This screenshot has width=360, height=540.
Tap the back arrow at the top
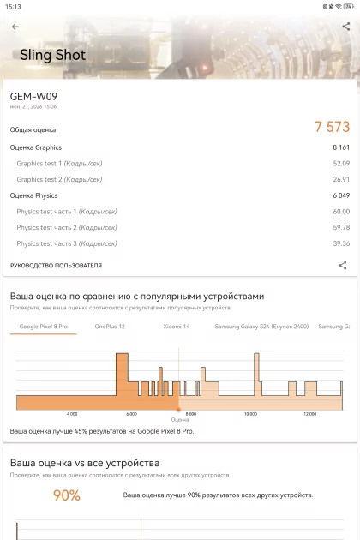click(15, 27)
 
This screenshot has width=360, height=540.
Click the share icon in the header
click(346, 27)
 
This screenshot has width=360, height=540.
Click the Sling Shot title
click(52, 55)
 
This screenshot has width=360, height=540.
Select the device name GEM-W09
click(33, 96)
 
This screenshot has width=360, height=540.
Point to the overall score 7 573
click(332, 127)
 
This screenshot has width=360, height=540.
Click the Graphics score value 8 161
click(341, 147)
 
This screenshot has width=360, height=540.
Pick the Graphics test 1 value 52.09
click(341, 163)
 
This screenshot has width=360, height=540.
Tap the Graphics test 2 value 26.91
click(341, 179)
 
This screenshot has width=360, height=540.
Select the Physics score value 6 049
click(341, 195)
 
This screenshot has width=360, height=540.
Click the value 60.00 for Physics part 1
click(341, 212)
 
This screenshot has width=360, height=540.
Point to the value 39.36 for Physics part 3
click(341, 243)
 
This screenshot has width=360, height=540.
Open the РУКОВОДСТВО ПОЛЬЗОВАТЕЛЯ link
click(56, 266)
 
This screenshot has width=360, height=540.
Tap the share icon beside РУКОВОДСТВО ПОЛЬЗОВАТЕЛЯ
click(343, 265)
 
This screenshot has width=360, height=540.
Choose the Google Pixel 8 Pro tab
click(44, 327)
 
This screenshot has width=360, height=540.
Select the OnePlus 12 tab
click(110, 327)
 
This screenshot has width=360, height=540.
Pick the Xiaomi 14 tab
click(177, 327)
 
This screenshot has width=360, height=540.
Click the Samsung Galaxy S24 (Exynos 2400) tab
click(261, 327)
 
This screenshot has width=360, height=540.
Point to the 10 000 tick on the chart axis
click(250, 414)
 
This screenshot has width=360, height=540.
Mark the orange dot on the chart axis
click(178, 410)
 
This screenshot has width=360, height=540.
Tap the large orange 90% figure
click(67, 495)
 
